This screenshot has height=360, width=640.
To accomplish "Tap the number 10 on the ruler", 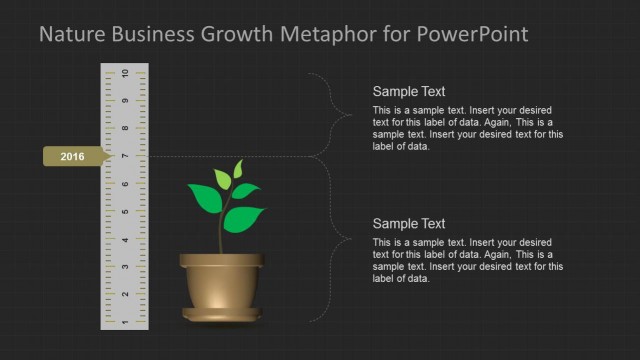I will click(x=124, y=74).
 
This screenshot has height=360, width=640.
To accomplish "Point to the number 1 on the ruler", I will click(x=124, y=322).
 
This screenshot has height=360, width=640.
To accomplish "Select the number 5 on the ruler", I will click(x=124, y=212).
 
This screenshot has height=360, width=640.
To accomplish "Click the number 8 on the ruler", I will click(x=124, y=129).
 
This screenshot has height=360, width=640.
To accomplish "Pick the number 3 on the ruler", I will click(x=124, y=267).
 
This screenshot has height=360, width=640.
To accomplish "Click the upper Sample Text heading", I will click(x=409, y=91).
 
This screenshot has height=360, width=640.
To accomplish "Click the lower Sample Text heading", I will click(x=409, y=224).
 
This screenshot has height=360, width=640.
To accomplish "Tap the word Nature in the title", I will click(x=70, y=35).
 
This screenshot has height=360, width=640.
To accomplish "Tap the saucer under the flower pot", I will click(x=222, y=316).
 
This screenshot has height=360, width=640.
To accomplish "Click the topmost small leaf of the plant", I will click(x=237, y=167).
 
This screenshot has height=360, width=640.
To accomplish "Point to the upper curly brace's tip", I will click(x=349, y=115).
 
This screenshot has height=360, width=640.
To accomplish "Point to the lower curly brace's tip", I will click(x=349, y=239).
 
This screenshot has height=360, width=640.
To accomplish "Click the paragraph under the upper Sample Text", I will click(x=467, y=128).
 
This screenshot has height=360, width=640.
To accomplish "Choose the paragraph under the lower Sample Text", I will click(x=467, y=260).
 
